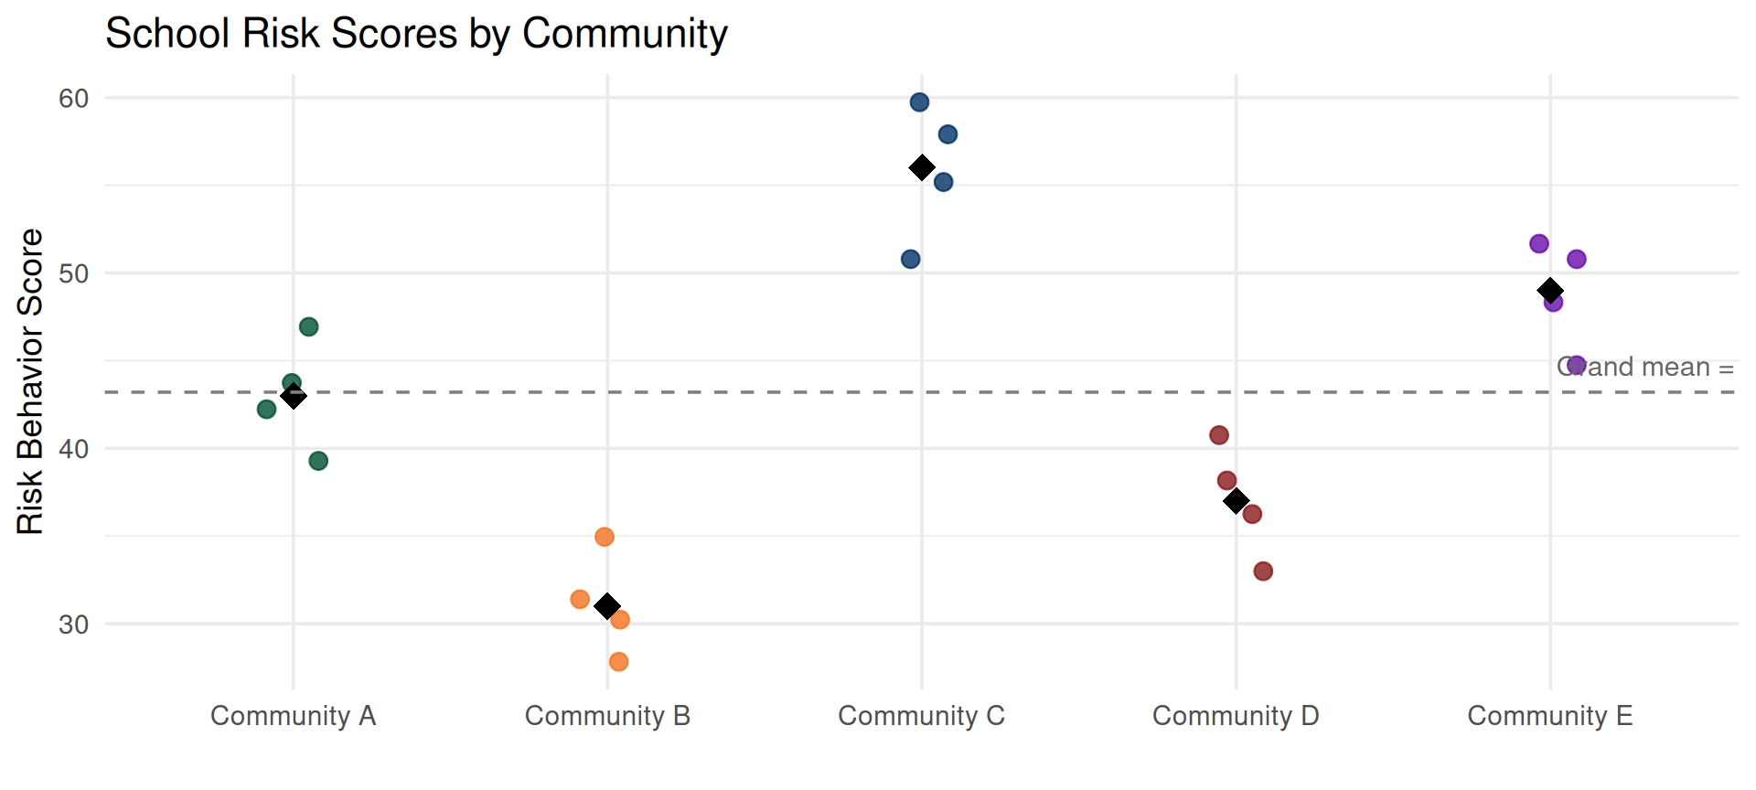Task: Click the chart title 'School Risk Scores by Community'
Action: pyautogui.click(x=416, y=35)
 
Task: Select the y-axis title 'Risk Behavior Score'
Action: pyautogui.click(x=30, y=381)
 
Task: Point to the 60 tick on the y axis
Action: pyautogui.click(x=74, y=99)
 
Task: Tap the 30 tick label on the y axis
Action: pyautogui.click(x=74, y=625)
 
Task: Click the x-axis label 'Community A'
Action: pyautogui.click(x=293, y=716)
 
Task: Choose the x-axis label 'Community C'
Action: pyautogui.click(x=921, y=716)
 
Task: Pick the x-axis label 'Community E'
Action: pyautogui.click(x=1549, y=716)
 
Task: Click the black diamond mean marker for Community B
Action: pyautogui.click(x=607, y=605)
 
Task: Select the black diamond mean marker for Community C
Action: pyautogui.click(x=922, y=167)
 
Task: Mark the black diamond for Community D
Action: pyautogui.click(x=1237, y=501)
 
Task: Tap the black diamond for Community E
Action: pyautogui.click(x=1550, y=291)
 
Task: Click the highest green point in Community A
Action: pyautogui.click(x=309, y=326)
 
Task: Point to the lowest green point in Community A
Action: pyautogui.click(x=318, y=461)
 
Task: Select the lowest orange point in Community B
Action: pyautogui.click(x=619, y=661)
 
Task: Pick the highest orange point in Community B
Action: pyautogui.click(x=605, y=537)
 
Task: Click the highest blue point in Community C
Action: pyautogui.click(x=920, y=102)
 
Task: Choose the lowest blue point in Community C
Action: pyautogui.click(x=911, y=259)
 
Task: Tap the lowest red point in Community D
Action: pyautogui.click(x=1264, y=571)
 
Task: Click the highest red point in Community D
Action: pyautogui.click(x=1219, y=435)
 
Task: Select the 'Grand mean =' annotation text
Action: pyautogui.click(x=1645, y=368)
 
